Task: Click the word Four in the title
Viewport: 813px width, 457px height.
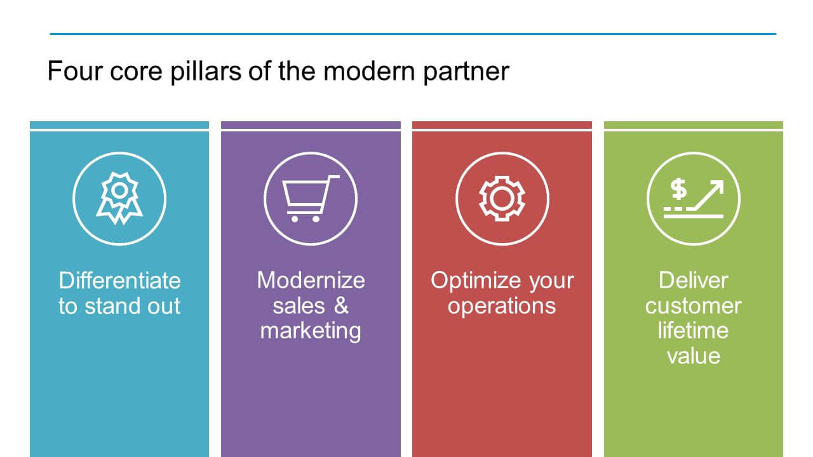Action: (x=75, y=71)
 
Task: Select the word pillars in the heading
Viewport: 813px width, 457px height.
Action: (x=206, y=72)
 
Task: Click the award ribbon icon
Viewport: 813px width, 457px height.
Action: (x=119, y=198)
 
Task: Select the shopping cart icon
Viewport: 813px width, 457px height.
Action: (x=311, y=199)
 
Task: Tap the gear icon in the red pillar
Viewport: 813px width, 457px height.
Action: (x=502, y=199)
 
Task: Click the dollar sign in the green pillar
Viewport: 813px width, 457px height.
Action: (x=678, y=189)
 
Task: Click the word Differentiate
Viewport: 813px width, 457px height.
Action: (x=120, y=281)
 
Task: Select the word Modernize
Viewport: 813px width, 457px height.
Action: (x=311, y=281)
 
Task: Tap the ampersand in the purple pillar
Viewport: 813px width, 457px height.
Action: (x=341, y=305)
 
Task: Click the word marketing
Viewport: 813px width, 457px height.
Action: (x=311, y=331)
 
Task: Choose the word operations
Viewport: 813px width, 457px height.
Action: (x=502, y=307)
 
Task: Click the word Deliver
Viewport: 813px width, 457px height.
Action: (x=693, y=281)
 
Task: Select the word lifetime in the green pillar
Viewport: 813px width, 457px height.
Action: (x=693, y=331)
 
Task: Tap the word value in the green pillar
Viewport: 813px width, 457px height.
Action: (x=693, y=355)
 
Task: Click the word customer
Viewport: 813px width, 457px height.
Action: (x=693, y=306)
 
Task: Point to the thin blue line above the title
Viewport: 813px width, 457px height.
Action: (x=413, y=34)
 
